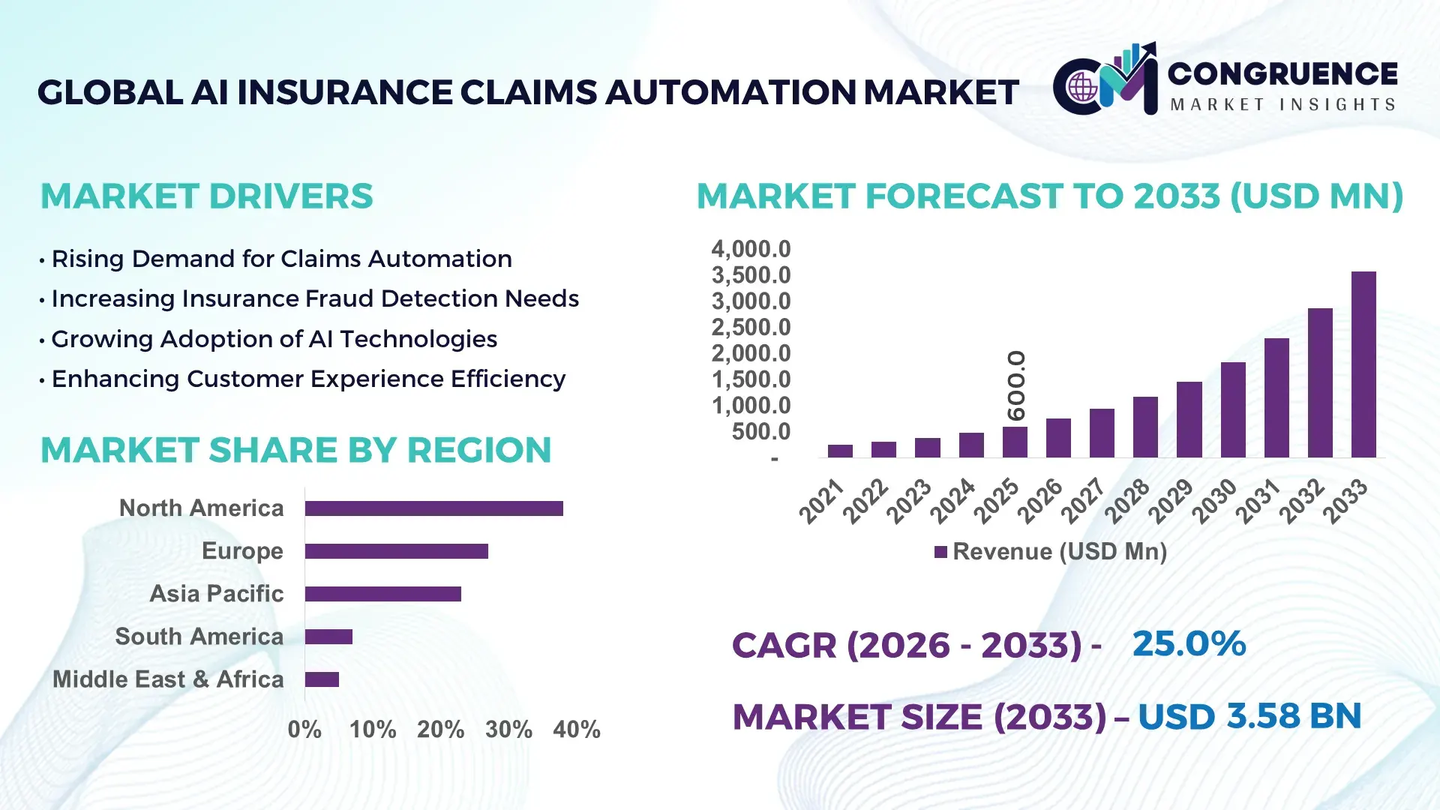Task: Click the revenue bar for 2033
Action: point(1363,364)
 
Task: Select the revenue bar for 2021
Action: point(840,451)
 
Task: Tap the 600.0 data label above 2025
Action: point(1016,385)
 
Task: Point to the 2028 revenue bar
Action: point(1145,427)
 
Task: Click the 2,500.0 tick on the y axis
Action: point(751,328)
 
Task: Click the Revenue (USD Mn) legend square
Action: point(940,553)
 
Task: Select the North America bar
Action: point(433,508)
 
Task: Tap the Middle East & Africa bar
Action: point(322,679)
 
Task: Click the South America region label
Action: point(199,637)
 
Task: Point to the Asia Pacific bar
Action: point(382,594)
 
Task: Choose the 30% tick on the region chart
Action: point(508,730)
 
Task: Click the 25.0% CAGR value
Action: point(1189,644)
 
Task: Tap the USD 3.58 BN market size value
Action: point(1249,716)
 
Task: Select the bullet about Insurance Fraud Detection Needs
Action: point(315,299)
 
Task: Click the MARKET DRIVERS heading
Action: point(206,196)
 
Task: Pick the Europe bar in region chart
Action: point(396,551)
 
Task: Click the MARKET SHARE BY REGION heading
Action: point(295,451)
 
